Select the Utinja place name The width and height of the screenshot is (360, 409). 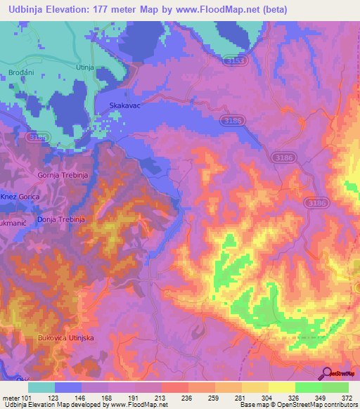point(85,67)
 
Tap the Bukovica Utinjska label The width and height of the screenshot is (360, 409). point(65,338)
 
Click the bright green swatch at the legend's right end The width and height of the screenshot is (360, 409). point(335,387)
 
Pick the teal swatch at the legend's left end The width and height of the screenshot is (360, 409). point(41,387)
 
